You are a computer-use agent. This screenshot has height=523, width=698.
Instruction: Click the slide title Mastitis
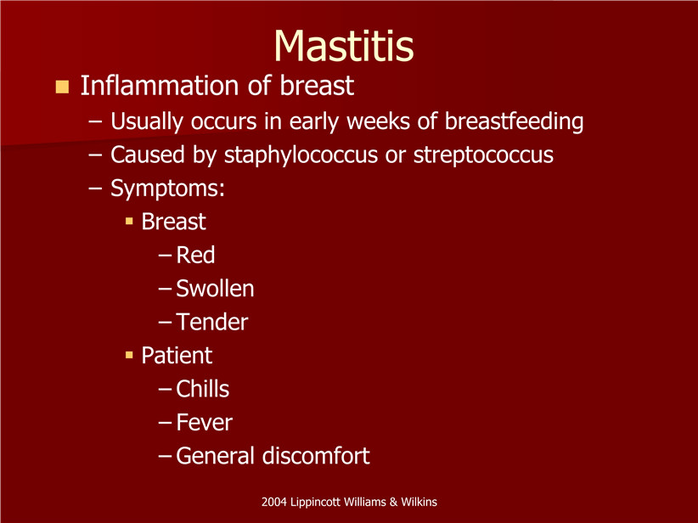point(344,46)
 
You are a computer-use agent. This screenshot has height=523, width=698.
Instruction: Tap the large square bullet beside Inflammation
point(62,87)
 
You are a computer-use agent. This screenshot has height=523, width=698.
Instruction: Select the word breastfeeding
point(514,121)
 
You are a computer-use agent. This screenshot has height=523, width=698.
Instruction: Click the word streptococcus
point(483,155)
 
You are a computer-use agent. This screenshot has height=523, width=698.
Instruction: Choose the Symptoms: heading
point(167,188)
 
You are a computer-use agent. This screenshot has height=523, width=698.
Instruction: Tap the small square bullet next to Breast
point(130,222)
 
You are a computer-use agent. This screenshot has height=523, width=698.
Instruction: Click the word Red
point(195,255)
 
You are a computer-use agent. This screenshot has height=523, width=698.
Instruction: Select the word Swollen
point(215,289)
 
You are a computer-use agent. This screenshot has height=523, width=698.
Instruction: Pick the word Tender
point(212,322)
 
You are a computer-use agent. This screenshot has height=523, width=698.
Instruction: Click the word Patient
point(177,355)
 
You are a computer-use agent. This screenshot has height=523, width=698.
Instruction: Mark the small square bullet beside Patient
point(130,355)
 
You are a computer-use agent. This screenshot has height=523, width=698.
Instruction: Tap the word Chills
point(203,389)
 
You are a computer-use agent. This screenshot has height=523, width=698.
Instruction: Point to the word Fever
point(205,422)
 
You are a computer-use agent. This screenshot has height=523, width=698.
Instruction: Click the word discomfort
point(316,455)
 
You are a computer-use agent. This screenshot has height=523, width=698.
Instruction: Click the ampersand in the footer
point(393,502)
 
